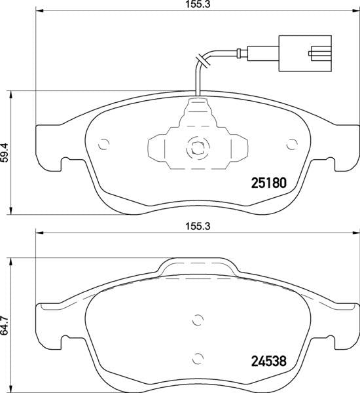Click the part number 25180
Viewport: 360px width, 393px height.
(268, 183)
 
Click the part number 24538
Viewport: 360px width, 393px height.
(268, 362)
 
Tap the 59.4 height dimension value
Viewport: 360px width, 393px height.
(5, 153)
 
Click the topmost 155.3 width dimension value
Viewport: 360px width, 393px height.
(198, 5)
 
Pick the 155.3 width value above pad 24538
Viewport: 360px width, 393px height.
(198, 227)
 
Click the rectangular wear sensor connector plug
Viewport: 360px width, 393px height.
(305, 54)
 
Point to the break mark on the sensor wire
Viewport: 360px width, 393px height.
(202, 60)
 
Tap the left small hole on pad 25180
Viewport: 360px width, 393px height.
(103, 144)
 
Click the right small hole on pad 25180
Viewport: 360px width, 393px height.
(292, 144)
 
